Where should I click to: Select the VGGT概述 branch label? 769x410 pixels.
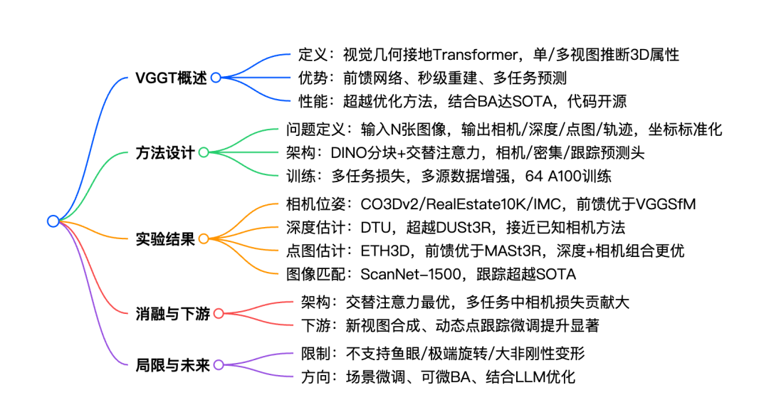(171, 78)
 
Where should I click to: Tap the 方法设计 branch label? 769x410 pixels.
(165, 152)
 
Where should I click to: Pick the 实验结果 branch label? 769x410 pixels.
(165, 239)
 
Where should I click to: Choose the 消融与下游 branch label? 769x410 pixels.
(172, 313)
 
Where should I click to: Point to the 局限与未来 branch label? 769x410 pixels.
(172, 365)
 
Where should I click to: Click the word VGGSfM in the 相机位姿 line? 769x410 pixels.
(665, 204)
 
